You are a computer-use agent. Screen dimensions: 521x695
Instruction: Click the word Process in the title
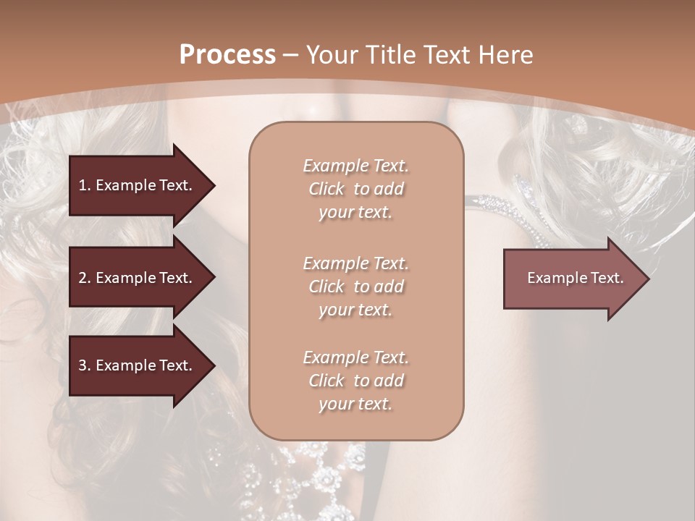[x=227, y=55]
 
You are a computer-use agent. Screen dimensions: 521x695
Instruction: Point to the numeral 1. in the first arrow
[x=85, y=185]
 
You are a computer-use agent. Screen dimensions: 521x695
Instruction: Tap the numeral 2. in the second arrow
[x=85, y=278]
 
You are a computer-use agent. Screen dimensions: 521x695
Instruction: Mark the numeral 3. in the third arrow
[x=85, y=365]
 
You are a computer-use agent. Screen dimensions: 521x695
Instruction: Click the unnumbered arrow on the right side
[x=572, y=278]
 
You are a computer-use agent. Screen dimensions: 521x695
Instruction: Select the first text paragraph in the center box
[x=355, y=189]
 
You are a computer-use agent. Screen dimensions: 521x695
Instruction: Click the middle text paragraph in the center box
[x=355, y=286]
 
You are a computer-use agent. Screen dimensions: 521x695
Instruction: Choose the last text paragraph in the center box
[x=355, y=381]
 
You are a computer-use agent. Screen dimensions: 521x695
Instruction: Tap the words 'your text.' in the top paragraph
[x=355, y=213]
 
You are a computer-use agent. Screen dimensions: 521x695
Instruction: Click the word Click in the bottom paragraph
[x=327, y=381]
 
